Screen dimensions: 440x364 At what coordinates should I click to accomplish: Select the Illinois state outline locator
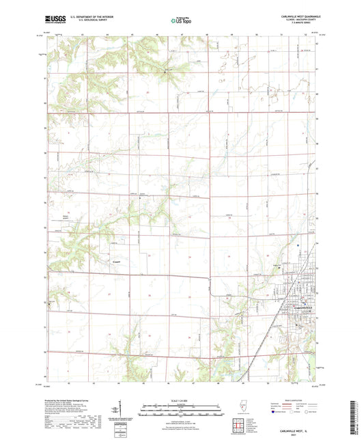[x=238, y=407]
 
